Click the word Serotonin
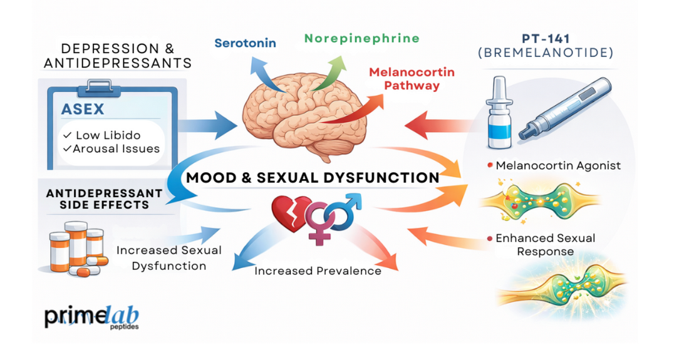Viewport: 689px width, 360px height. click(245, 43)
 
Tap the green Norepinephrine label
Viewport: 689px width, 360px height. click(361, 38)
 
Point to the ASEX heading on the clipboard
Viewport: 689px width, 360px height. click(83, 110)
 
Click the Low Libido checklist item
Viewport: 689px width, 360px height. click(101, 135)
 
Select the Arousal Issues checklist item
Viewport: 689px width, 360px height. click(112, 149)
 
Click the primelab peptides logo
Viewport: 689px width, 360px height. click(91, 317)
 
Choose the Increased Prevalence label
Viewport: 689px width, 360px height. click(318, 271)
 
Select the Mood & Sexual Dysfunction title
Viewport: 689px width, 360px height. click(313, 178)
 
